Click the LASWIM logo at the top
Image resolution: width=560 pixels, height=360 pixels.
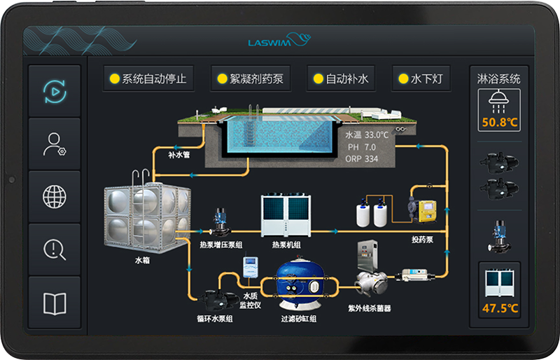(279, 41)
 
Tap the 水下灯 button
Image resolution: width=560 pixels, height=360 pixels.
(421, 78)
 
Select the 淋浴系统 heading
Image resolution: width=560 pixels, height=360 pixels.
(498, 79)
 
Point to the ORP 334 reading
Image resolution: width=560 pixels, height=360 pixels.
(361, 159)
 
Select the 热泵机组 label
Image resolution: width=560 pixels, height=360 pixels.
(286, 244)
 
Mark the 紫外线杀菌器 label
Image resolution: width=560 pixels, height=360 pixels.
(369, 307)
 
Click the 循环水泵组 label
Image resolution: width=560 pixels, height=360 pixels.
(214, 319)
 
